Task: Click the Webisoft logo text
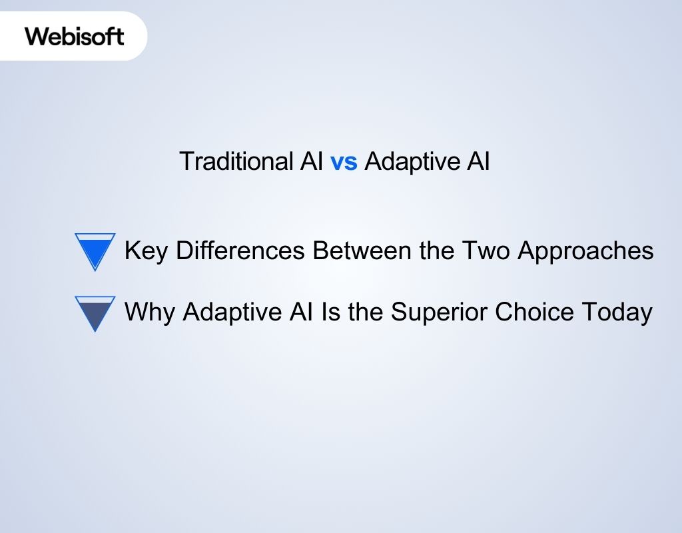pos(75,36)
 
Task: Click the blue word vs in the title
pos(344,162)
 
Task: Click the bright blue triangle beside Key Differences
pos(95,249)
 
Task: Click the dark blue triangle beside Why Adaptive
pos(95,311)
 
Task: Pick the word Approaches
pos(585,251)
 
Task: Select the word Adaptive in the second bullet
pos(226,312)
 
